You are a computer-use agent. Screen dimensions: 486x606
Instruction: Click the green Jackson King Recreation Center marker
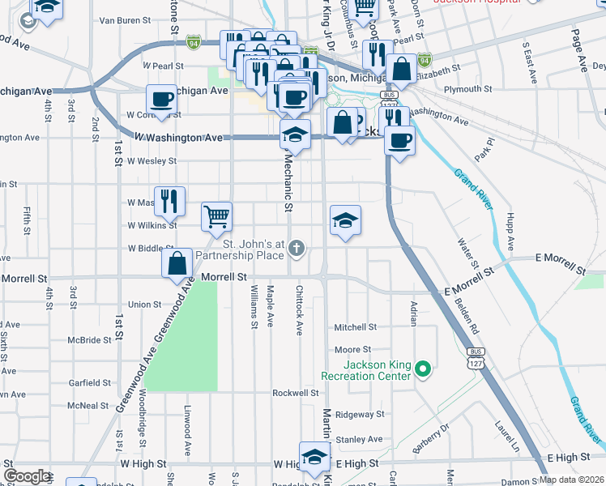click(x=422, y=370)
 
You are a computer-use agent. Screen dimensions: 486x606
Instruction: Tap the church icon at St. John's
click(x=297, y=249)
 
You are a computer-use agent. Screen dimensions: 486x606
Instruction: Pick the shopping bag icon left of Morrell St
click(x=177, y=263)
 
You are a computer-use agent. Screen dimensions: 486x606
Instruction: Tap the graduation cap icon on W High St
click(x=314, y=456)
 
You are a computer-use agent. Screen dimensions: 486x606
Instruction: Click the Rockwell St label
click(x=295, y=393)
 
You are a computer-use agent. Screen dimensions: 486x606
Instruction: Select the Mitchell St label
click(x=356, y=327)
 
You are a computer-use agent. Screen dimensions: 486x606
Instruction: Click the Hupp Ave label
click(x=510, y=231)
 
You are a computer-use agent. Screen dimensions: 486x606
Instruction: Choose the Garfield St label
click(x=89, y=382)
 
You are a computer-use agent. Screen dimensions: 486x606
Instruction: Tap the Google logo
click(x=27, y=476)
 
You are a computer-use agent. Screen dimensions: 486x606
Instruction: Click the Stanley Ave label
click(x=358, y=439)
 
